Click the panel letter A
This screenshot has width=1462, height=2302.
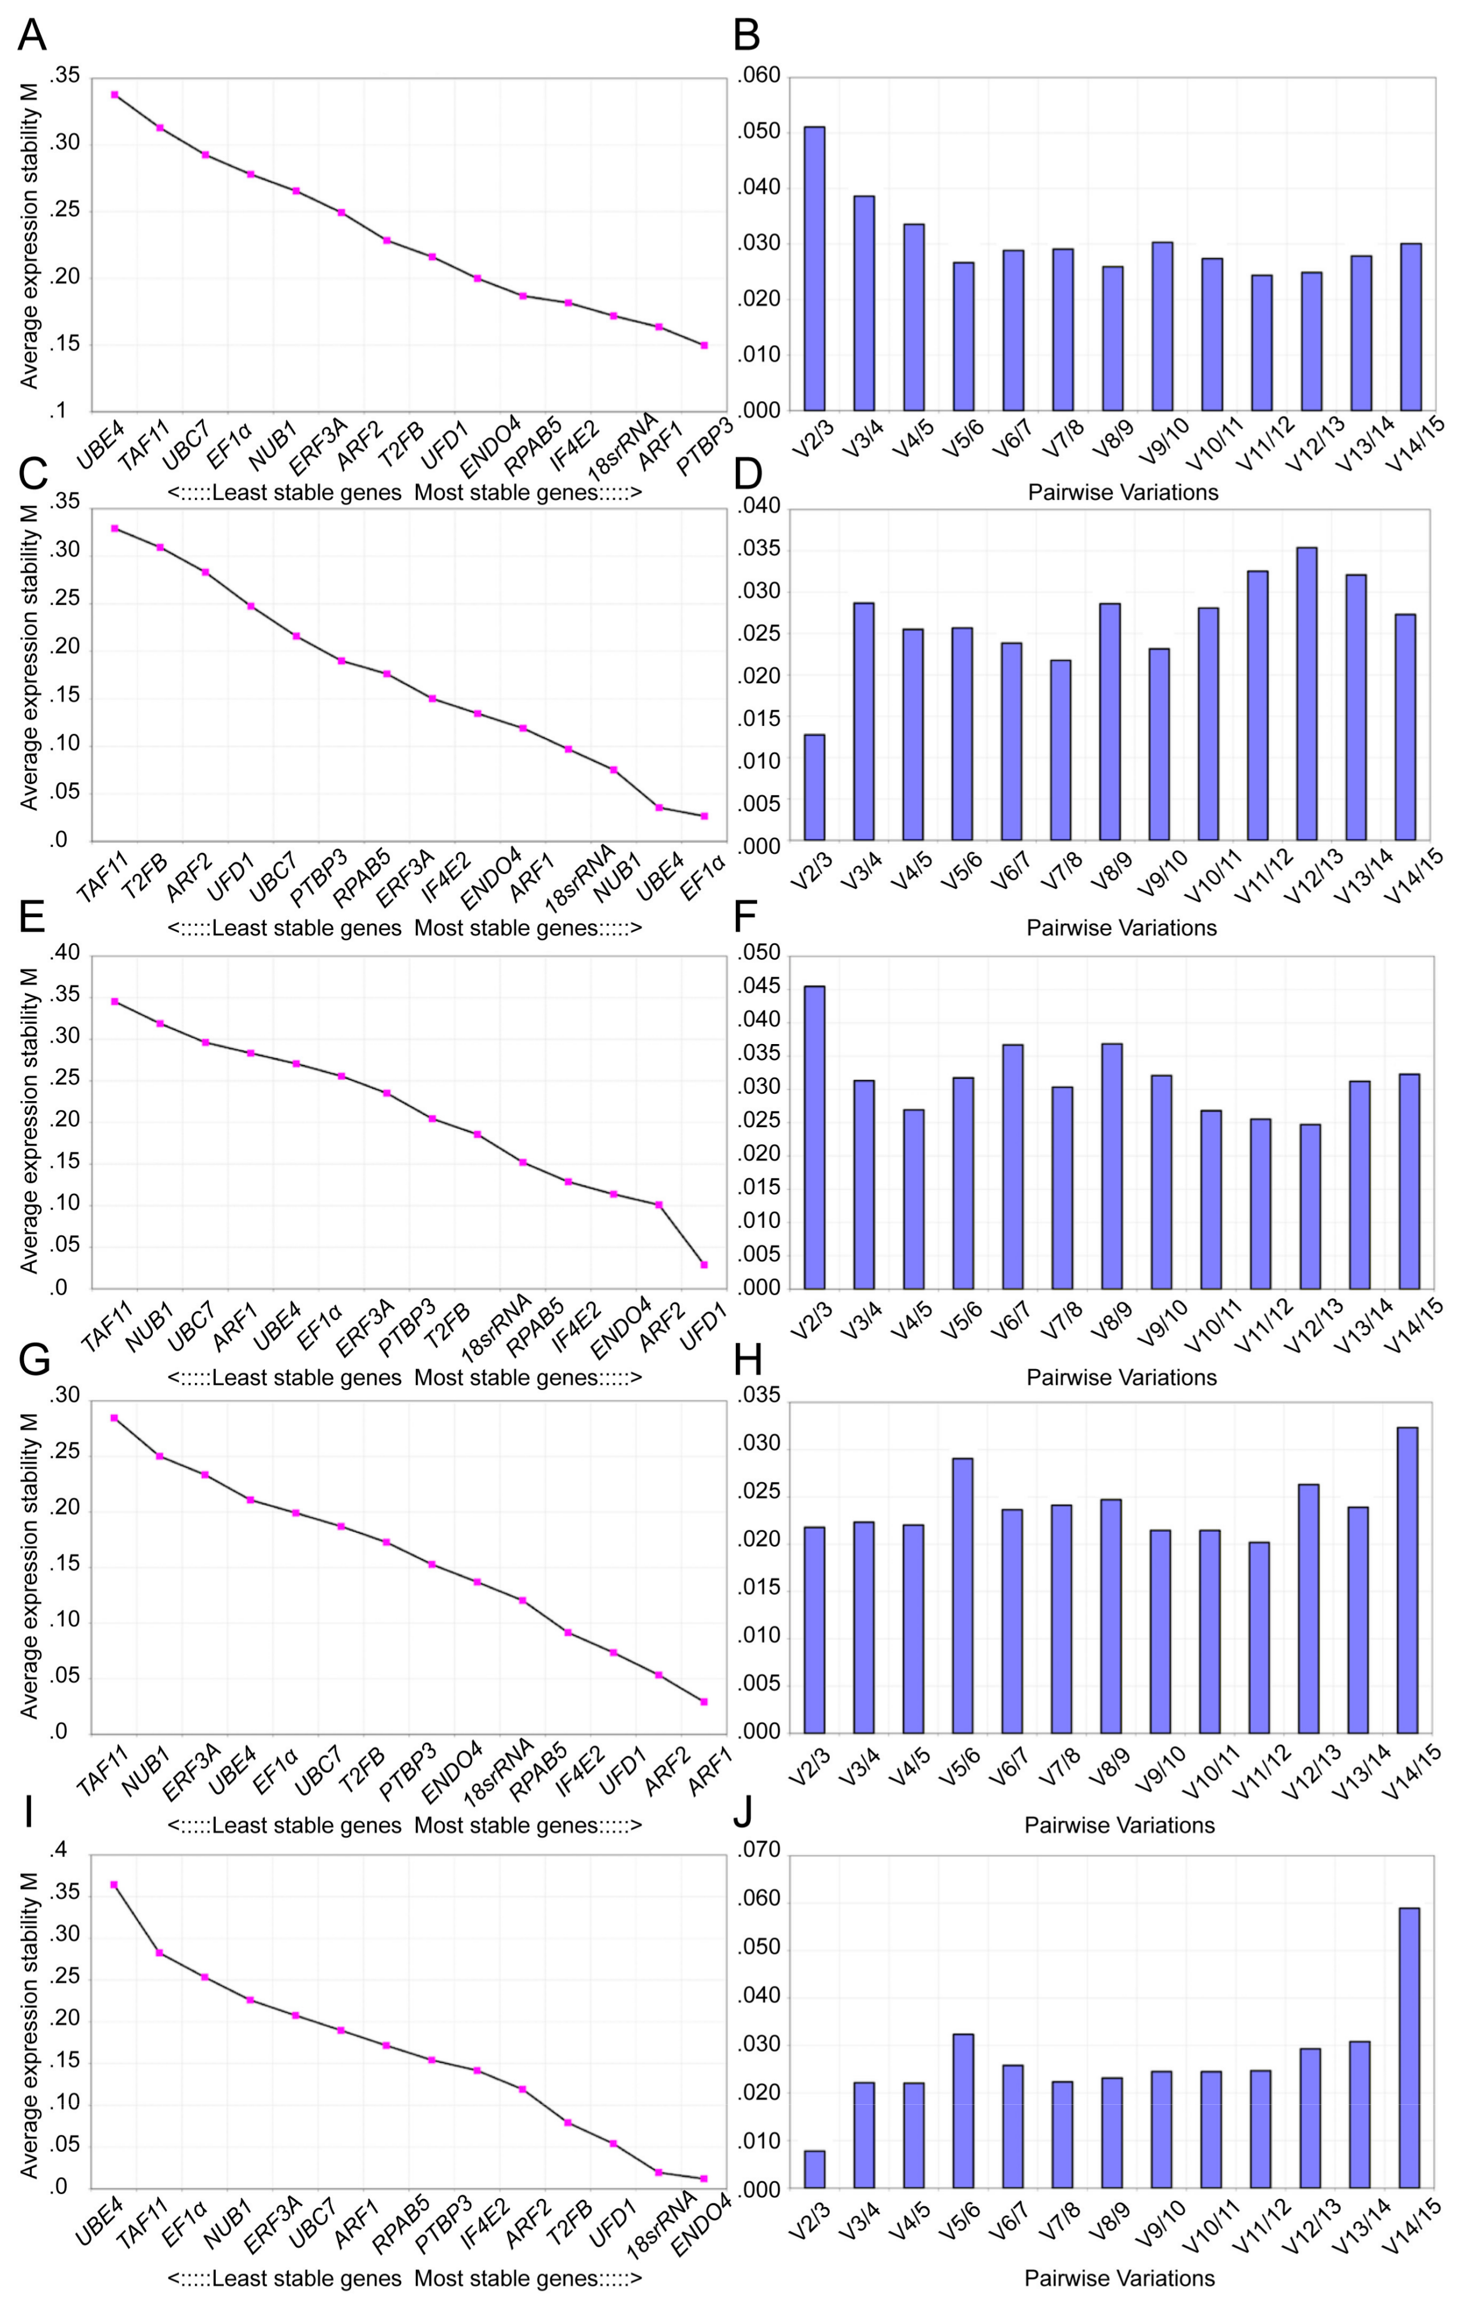pyautogui.click(x=32, y=35)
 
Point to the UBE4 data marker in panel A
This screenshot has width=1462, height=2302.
pyautogui.click(x=115, y=95)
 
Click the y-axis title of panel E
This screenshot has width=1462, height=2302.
pyautogui.click(x=29, y=1120)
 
